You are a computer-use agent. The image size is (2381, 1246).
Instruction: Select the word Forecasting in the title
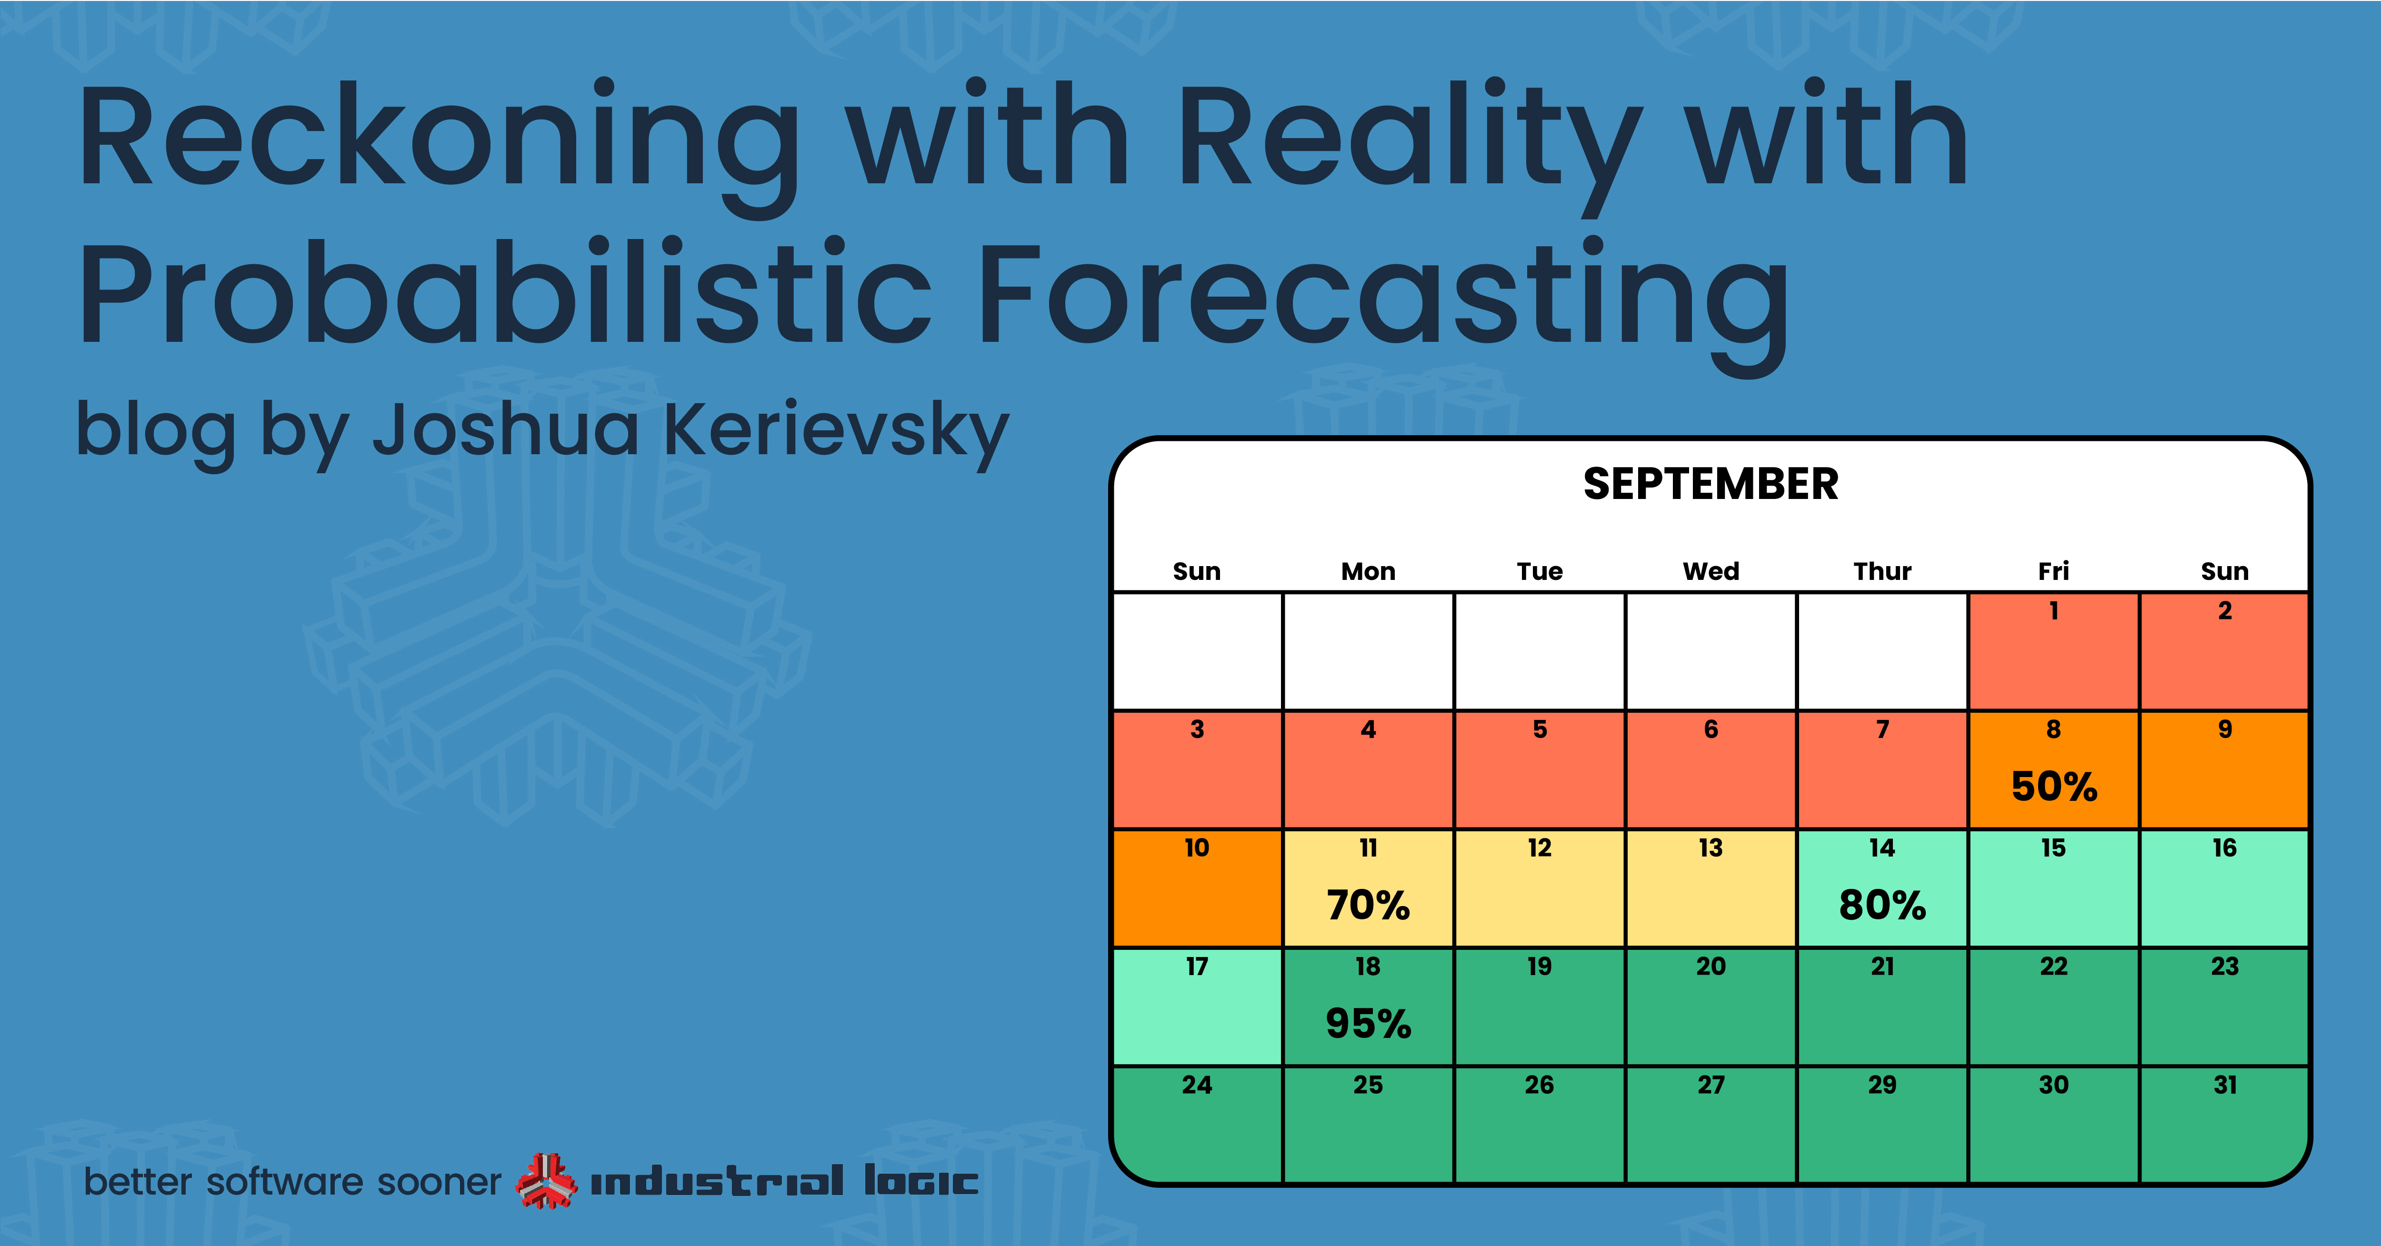click(1382, 305)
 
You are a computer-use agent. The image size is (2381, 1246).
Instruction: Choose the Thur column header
click(1882, 571)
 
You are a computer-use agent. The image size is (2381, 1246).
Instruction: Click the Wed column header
click(1711, 571)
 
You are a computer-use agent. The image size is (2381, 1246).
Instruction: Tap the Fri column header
click(2054, 571)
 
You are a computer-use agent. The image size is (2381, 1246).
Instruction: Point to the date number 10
click(1197, 847)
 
